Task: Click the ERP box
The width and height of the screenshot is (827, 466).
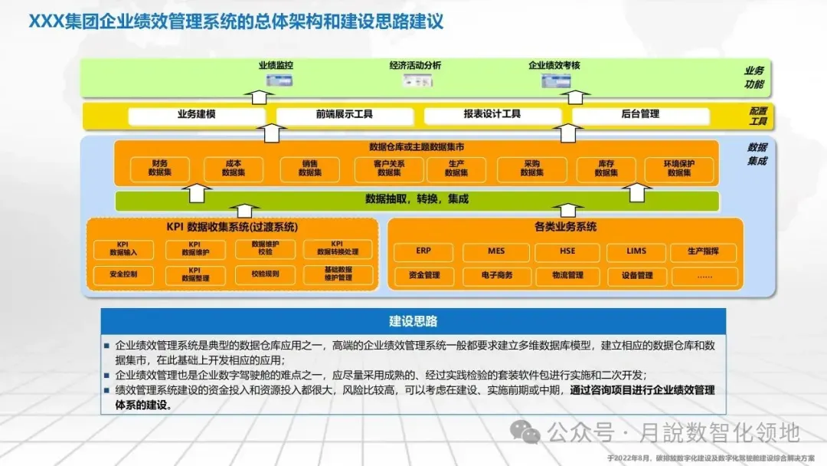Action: pyautogui.click(x=423, y=251)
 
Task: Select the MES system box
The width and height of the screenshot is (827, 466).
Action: pyautogui.click(x=495, y=251)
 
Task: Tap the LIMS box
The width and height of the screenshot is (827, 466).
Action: pyautogui.click(x=636, y=251)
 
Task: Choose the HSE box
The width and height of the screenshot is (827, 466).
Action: pyautogui.click(x=567, y=251)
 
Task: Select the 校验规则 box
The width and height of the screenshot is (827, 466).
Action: pyautogui.click(x=266, y=274)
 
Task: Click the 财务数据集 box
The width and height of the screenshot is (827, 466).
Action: pyautogui.click(x=160, y=169)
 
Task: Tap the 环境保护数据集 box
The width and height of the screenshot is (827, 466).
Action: pyautogui.click(x=678, y=169)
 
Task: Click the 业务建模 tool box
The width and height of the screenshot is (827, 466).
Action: pyautogui.click(x=196, y=115)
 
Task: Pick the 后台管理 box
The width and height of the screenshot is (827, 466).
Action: pyautogui.click(x=640, y=115)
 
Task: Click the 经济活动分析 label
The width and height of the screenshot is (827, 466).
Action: pyautogui.click(x=415, y=66)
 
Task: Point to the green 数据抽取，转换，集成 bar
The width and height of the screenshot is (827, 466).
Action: pyautogui.click(x=417, y=201)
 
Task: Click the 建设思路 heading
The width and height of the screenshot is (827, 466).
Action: pyautogui.click(x=413, y=321)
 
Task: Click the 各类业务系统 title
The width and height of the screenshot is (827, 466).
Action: pyautogui.click(x=565, y=228)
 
